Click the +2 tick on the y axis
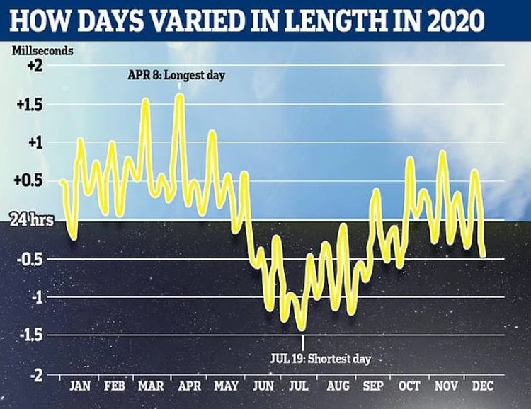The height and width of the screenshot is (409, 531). tap(34, 66)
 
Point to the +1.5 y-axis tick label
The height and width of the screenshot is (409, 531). tap(30, 105)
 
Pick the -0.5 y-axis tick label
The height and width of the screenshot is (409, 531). tap(31, 259)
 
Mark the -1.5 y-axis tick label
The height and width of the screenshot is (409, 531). tap(31, 335)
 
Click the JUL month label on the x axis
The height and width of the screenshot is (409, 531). tap(299, 387)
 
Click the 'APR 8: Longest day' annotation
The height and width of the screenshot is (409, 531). tap(176, 75)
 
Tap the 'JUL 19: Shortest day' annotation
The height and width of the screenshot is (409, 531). tap(320, 359)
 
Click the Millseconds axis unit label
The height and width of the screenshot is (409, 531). tap(42, 52)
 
